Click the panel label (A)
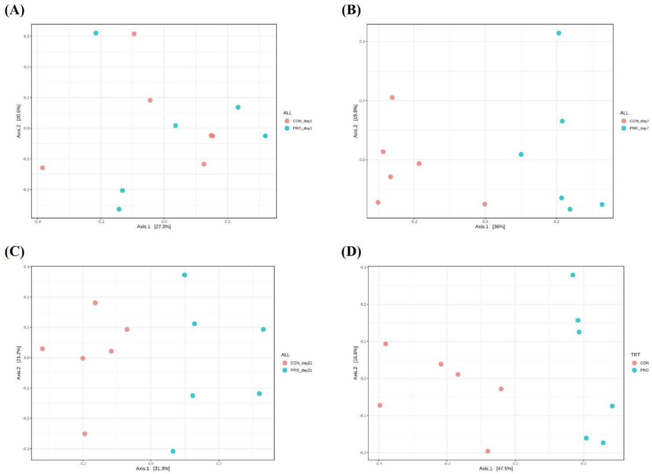[14, 10]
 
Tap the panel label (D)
[351, 252]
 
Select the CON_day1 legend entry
[302, 121]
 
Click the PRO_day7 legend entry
[638, 128]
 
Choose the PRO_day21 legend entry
[301, 370]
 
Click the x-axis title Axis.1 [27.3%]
[153, 226]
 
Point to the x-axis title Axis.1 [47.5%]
[496, 468]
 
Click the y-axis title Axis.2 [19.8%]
[355, 121]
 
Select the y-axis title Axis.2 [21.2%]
[19, 363]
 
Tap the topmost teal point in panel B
[559, 33]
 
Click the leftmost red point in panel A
[42, 168]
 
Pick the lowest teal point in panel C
[173, 451]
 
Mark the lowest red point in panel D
[488, 451]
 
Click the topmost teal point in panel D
[573, 275]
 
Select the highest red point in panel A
[134, 34]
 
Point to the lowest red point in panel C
[85, 434]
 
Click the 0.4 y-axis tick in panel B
[362, 42]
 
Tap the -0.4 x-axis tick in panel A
[37, 222]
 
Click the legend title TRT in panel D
[635, 355]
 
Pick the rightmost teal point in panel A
[265, 136]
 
